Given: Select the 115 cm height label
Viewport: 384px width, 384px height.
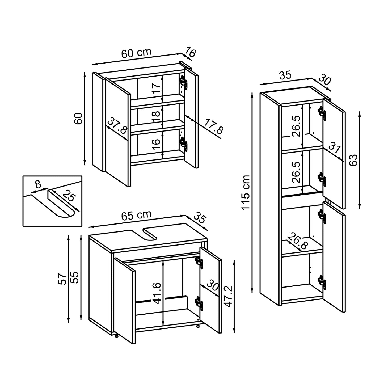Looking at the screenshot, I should click(246, 192).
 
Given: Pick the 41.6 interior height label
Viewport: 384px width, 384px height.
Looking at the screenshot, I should click(157, 293).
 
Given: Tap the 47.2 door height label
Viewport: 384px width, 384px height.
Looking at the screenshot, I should click(228, 297).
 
